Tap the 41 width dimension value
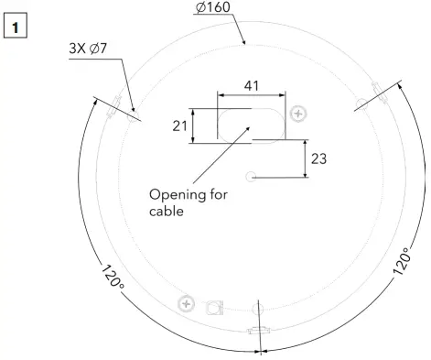pos(252,85)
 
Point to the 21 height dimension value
pos(180,125)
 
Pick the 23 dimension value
pos(318,158)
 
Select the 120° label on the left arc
pos(112,278)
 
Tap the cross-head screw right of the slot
pos(297,114)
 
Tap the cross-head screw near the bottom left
pos(187,302)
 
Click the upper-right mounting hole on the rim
pos(376,93)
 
